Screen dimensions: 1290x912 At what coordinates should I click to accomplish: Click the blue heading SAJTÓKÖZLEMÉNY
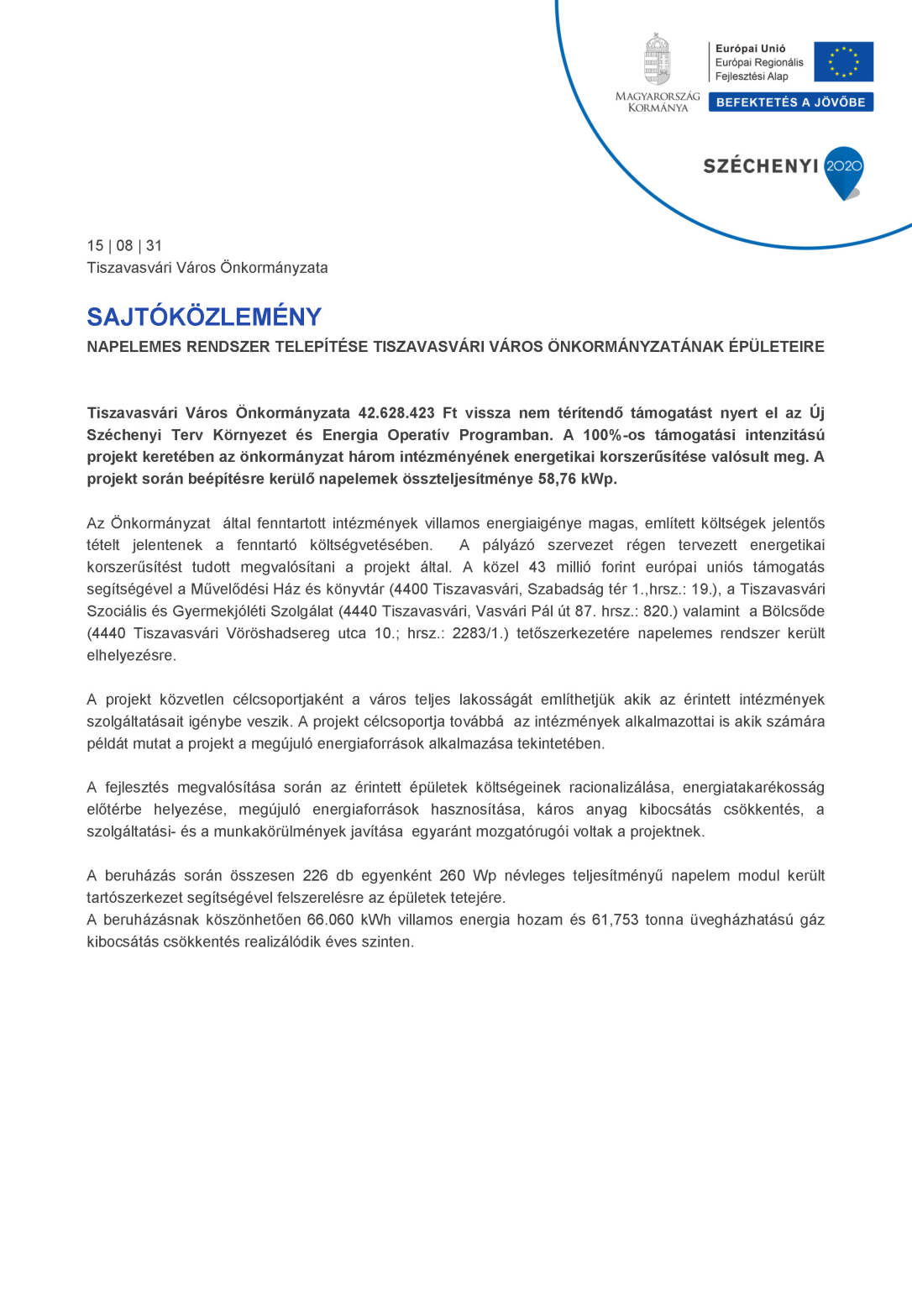(204, 317)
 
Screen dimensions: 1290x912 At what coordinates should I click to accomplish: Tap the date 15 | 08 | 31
(124, 246)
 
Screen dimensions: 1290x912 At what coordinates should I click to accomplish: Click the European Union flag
(843, 61)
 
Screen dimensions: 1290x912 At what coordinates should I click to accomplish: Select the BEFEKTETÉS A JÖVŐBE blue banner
(790, 102)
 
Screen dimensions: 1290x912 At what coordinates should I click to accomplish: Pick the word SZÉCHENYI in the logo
(760, 166)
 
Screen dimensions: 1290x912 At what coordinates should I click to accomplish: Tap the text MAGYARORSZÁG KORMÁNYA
(658, 102)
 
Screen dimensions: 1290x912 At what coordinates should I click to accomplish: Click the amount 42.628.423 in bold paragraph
(396, 413)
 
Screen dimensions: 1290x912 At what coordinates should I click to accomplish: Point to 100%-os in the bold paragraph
(614, 435)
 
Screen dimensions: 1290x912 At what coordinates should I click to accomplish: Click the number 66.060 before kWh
(330, 920)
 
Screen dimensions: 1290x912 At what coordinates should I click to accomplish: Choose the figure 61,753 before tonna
(615, 920)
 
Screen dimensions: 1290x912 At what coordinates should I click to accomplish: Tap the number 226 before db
(315, 876)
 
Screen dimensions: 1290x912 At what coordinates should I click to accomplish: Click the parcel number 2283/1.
(478, 633)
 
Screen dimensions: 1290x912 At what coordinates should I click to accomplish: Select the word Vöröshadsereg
(277, 633)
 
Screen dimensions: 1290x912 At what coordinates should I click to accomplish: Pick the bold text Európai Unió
(750, 49)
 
